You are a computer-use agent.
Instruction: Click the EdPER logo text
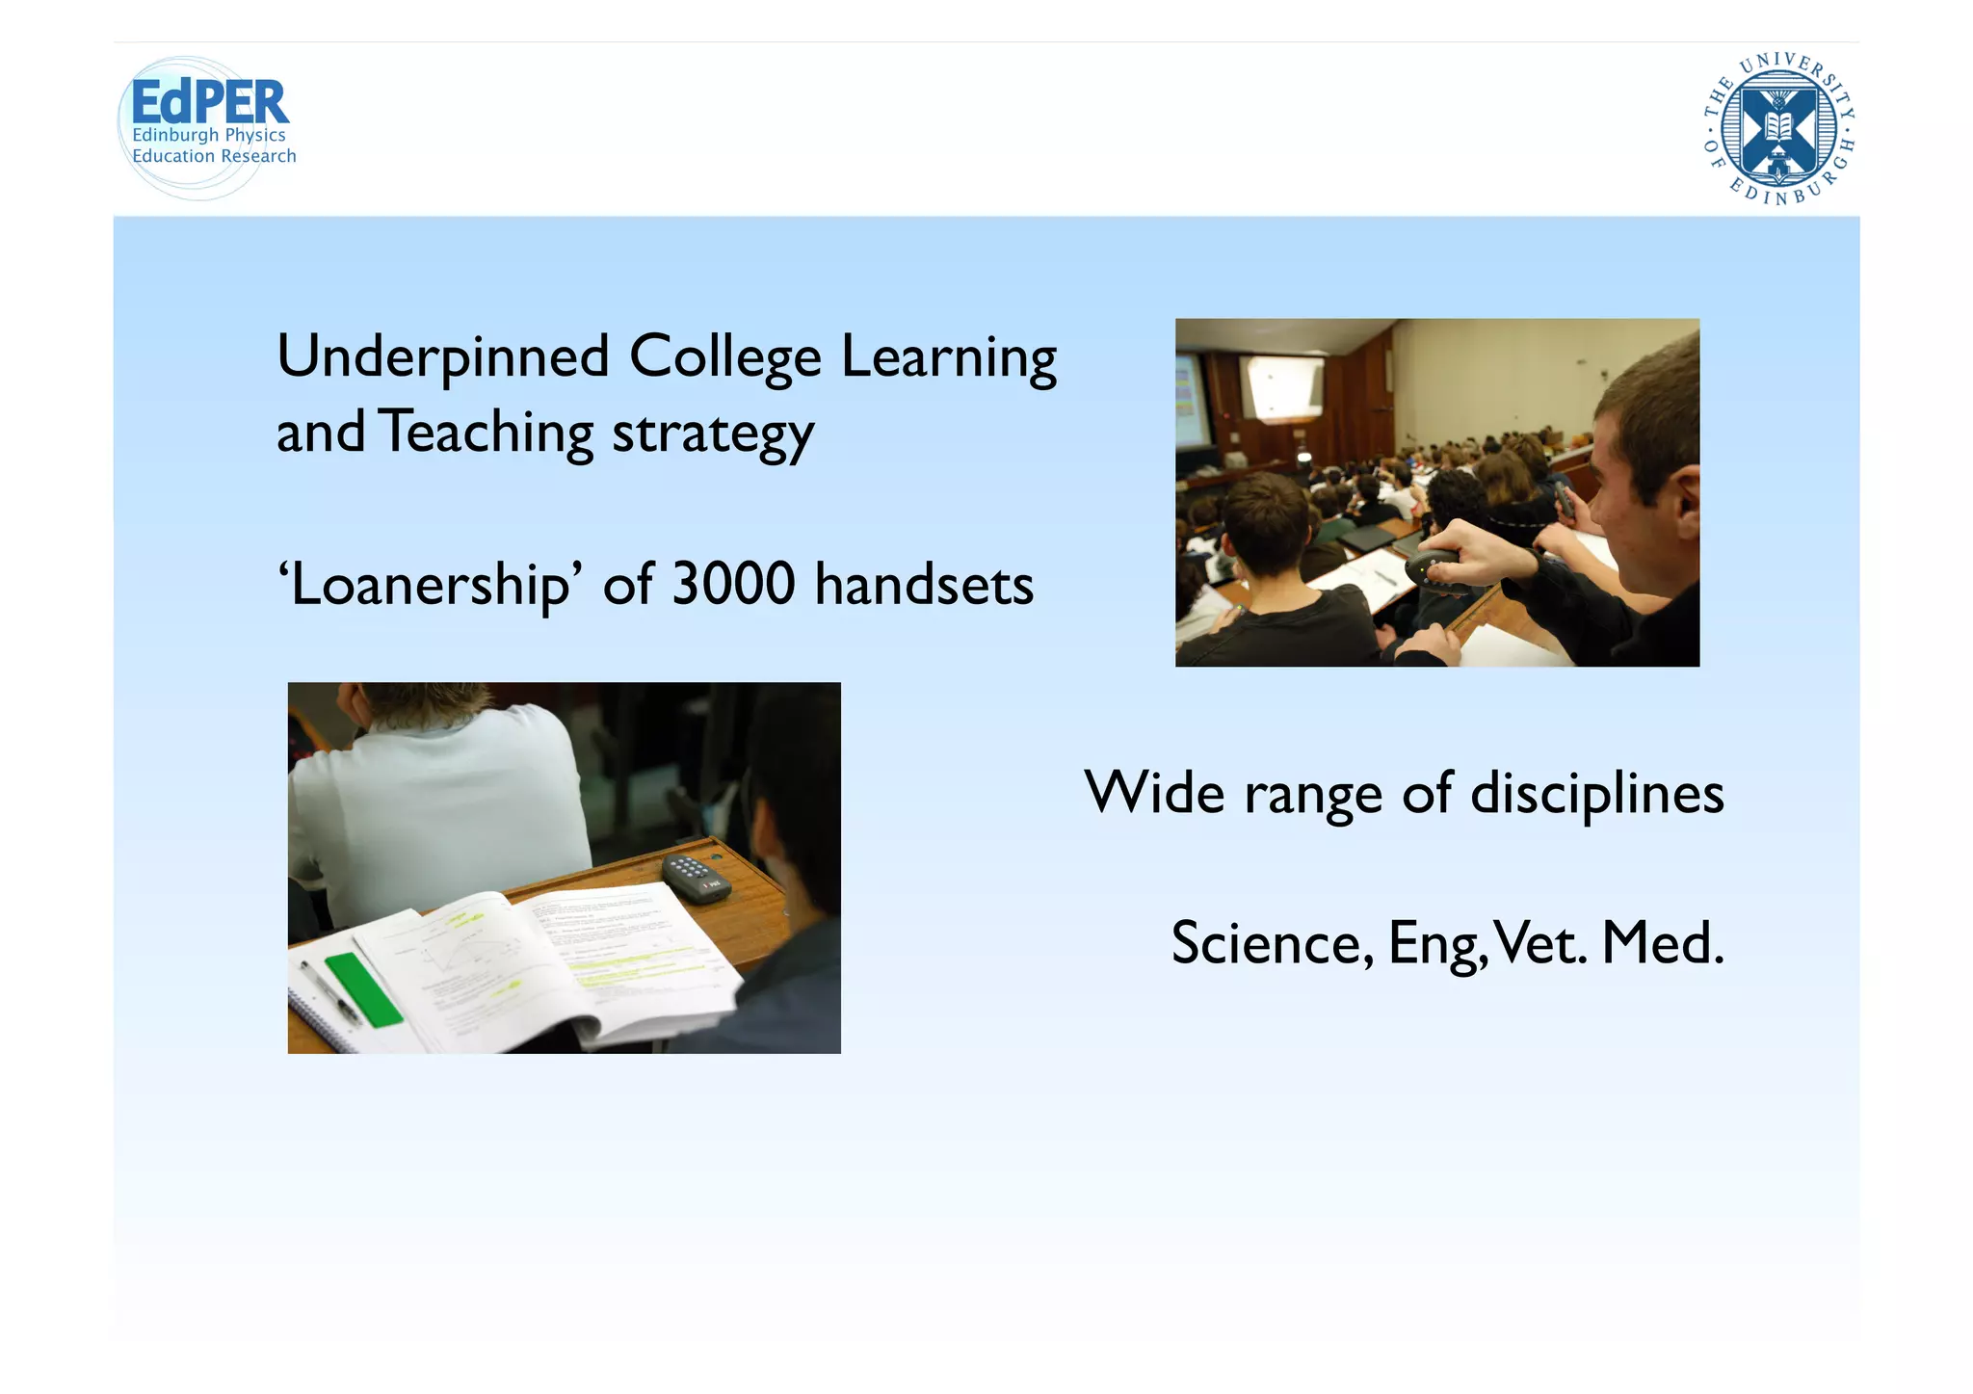(209, 101)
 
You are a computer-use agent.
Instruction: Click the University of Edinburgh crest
(1778, 129)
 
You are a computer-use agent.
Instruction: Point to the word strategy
(713, 434)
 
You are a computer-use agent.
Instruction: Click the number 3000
(733, 584)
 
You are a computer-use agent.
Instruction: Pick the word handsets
(924, 586)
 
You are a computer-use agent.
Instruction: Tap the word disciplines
(1596, 795)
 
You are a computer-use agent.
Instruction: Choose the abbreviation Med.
(1663, 943)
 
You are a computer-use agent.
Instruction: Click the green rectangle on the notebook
(363, 989)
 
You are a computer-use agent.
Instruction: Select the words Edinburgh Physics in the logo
(209, 135)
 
